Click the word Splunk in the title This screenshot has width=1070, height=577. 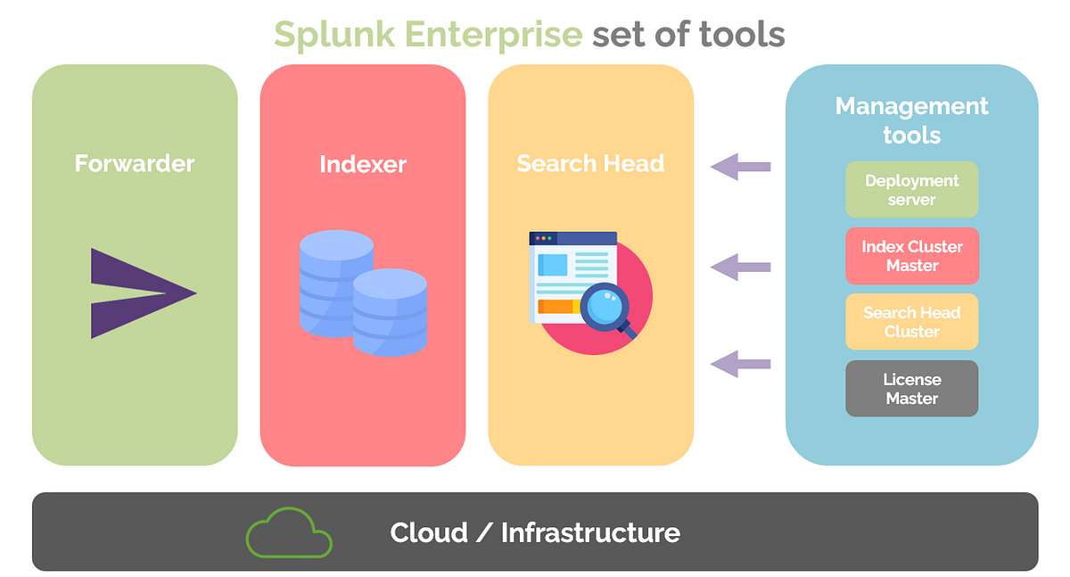pos(334,34)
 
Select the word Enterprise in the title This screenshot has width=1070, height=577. pos(493,34)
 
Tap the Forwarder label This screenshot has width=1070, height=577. pos(135,163)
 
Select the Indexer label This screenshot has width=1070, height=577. pos(363,164)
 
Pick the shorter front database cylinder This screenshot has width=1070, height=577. pos(390,312)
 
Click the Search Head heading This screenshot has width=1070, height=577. pos(590,163)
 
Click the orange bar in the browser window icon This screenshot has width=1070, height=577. pos(556,307)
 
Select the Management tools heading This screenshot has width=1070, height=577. pos(911,120)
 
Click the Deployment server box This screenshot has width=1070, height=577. pos(911,189)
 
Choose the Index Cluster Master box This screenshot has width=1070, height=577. pos(911,256)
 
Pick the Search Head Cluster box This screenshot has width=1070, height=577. pos(911,322)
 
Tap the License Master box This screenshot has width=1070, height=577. pos(911,389)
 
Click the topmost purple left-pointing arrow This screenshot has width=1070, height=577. pos(740,166)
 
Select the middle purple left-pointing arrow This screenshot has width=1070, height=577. pos(740,266)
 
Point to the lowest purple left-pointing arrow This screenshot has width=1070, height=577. pos(740,363)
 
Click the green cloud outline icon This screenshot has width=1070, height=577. pos(289,533)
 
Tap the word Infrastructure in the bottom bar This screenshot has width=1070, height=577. pos(590,533)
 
